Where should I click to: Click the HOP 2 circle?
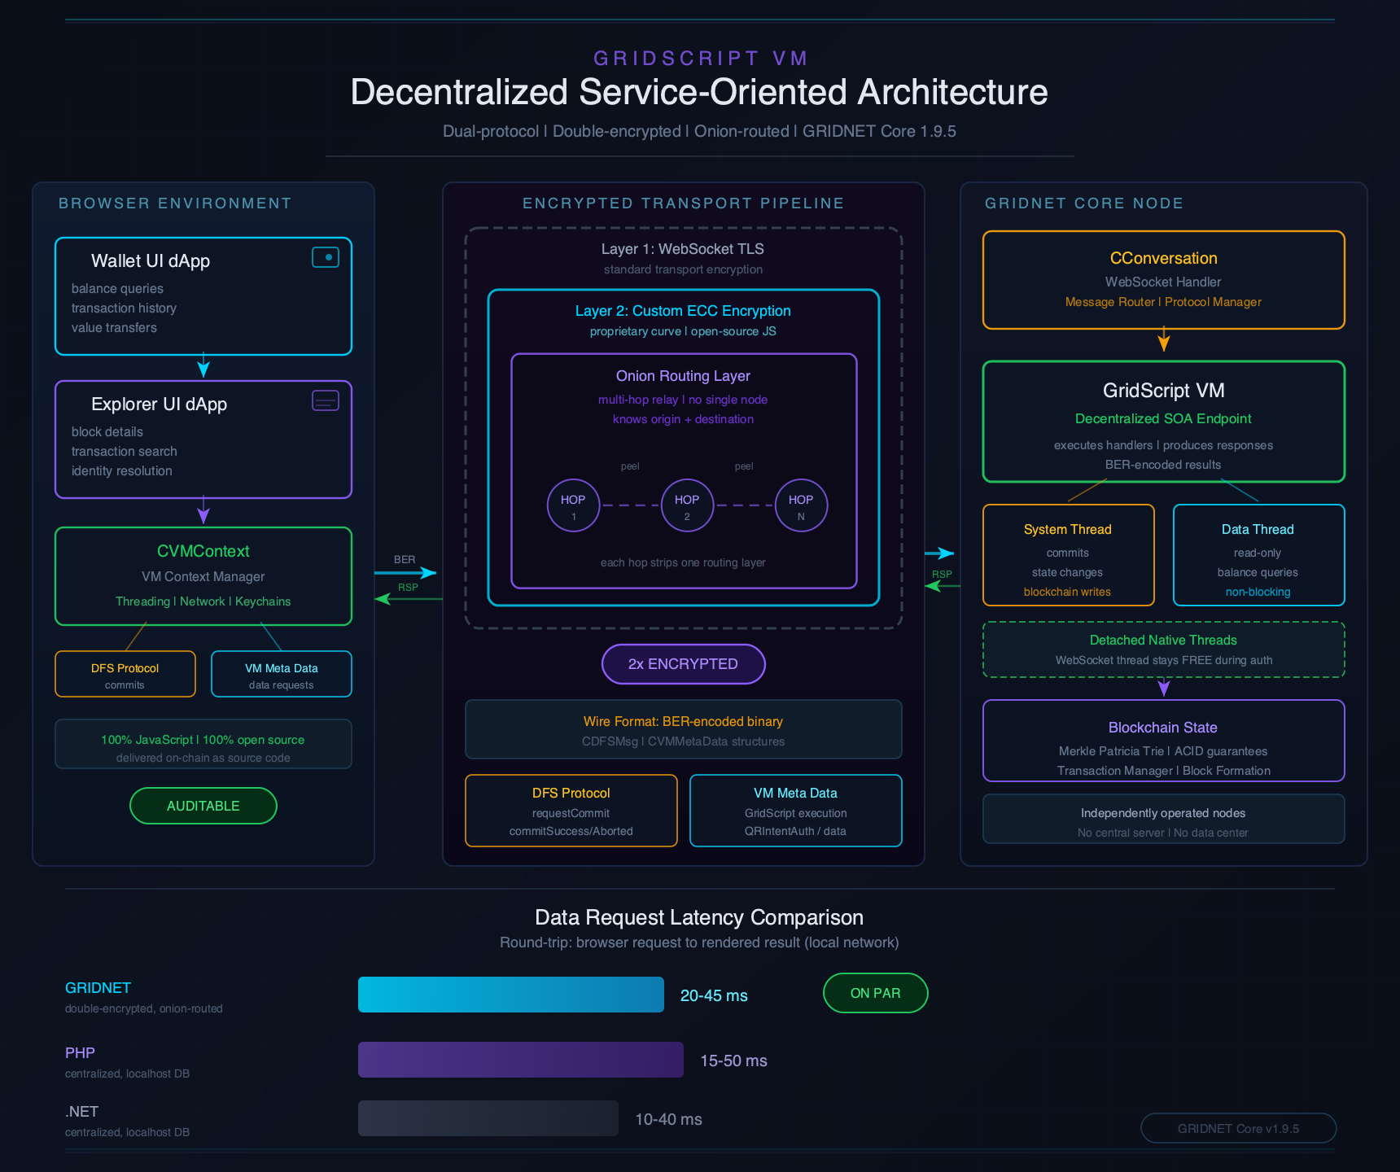pyautogui.click(x=687, y=505)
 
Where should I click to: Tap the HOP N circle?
pyautogui.click(x=801, y=505)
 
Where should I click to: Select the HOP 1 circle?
pyautogui.click(x=573, y=505)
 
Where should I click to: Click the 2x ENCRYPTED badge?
pyautogui.click(x=683, y=664)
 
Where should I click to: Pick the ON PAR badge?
pyautogui.click(x=875, y=993)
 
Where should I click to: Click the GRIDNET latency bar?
pyautogui.click(x=510, y=995)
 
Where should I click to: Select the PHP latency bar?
pyautogui.click(x=520, y=1060)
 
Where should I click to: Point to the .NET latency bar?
pyautogui.click(x=488, y=1118)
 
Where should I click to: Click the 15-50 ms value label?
pyautogui.click(x=733, y=1060)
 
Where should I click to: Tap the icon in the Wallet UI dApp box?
pyautogui.click(x=326, y=257)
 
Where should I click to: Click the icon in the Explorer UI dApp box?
pyautogui.click(x=326, y=400)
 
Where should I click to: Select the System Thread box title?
pyautogui.click(x=1067, y=530)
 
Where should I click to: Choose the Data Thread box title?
pyautogui.click(x=1257, y=530)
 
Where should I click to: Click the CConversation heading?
pyautogui.click(x=1163, y=259)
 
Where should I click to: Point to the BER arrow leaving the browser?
pyautogui.click(x=405, y=572)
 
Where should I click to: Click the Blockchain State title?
pyautogui.click(x=1162, y=728)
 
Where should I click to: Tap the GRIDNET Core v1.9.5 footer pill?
pyautogui.click(x=1238, y=1128)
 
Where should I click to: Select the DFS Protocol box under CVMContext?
pyautogui.click(x=125, y=674)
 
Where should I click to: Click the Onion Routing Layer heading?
pyautogui.click(x=683, y=376)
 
